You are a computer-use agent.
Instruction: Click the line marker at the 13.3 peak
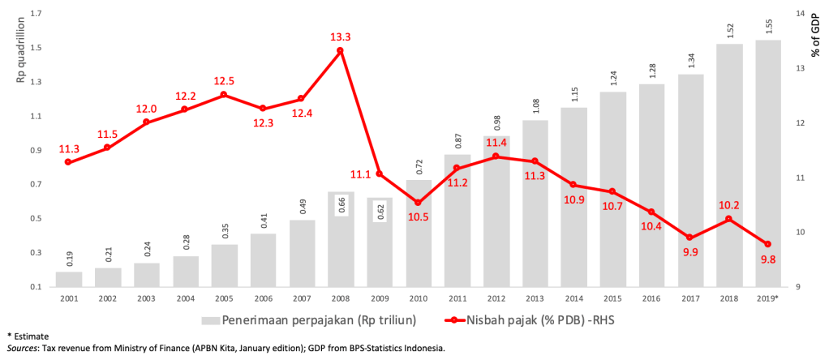point(340,50)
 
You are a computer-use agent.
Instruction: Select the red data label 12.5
point(224,81)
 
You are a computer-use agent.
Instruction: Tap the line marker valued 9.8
point(767,244)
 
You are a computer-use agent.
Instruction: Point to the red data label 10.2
point(729,205)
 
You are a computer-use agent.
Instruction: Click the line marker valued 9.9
point(689,238)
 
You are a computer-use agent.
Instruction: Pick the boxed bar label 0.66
point(341,205)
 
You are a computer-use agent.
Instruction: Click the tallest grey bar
point(767,162)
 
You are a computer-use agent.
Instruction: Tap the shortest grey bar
point(69,278)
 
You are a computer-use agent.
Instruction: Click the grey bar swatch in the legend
point(210,320)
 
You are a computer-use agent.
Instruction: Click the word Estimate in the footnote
point(32,335)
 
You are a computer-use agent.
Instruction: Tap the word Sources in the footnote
point(23,348)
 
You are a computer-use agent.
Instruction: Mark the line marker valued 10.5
point(418,203)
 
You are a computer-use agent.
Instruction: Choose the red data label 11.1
point(360,174)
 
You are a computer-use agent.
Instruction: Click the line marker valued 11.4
point(496,156)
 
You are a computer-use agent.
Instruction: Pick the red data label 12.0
point(146,109)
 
